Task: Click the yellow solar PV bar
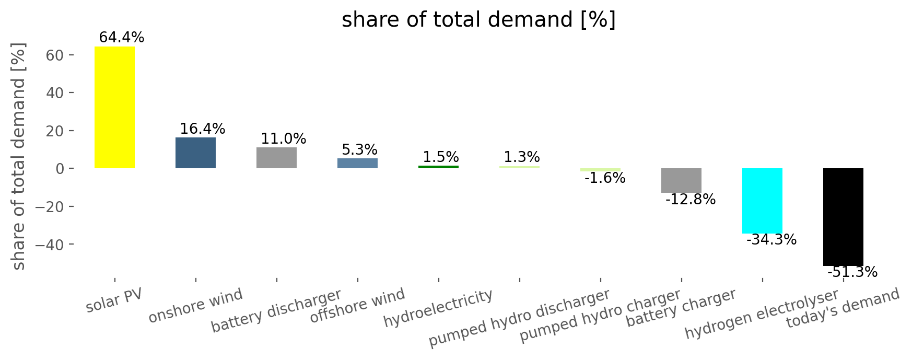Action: pyautogui.click(x=114, y=108)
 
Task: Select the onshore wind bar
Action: pyautogui.click(x=195, y=153)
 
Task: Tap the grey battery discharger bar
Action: pyautogui.click(x=276, y=158)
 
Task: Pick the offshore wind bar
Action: pyautogui.click(x=357, y=163)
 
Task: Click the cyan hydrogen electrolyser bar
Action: pyautogui.click(x=762, y=201)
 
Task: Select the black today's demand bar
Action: pyautogui.click(x=843, y=217)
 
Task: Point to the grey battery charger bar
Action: pyautogui.click(x=681, y=180)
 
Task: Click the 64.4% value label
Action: pyautogui.click(x=121, y=38)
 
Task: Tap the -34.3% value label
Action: pyautogui.click(x=771, y=240)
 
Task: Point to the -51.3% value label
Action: pyautogui.click(x=852, y=272)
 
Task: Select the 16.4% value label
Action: pyautogui.click(x=202, y=129)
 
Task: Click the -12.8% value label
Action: pyautogui.click(x=691, y=200)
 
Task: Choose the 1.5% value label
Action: pyautogui.click(x=440, y=157)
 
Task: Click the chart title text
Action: pyautogui.click(x=478, y=20)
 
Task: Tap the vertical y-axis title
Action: pyautogui.click(x=19, y=157)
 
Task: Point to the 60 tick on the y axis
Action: pyautogui.click(x=55, y=55)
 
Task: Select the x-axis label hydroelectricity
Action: pyautogui.click(x=438, y=308)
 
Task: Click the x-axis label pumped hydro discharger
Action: pyautogui.click(x=519, y=318)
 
